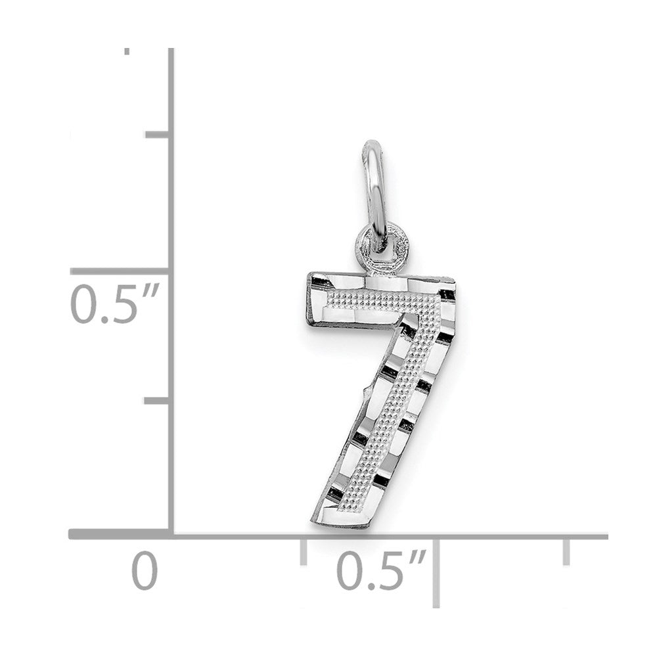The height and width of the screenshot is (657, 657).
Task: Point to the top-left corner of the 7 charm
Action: click(309, 275)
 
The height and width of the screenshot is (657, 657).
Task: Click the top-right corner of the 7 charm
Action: click(453, 279)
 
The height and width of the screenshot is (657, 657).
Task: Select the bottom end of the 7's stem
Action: click(342, 522)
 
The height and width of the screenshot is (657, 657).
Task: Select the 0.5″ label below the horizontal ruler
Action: click(381, 570)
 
